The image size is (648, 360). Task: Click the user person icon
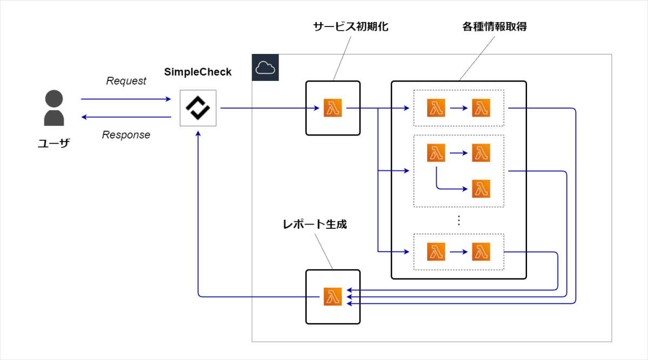[54, 107]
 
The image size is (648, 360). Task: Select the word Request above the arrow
[126, 81]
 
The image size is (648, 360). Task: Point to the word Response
[126, 135]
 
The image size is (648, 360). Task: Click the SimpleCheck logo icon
[198, 108]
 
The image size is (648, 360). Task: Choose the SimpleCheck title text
[198, 72]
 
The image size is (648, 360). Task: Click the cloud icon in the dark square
[265, 67]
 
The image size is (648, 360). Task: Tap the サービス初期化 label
[350, 27]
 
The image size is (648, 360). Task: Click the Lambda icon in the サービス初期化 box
[333, 108]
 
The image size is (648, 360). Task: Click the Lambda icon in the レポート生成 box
[333, 297]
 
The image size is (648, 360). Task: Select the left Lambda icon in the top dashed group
[436, 108]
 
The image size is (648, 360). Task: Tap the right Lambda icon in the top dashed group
[481, 108]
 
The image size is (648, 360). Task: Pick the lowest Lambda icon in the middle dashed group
[481, 189]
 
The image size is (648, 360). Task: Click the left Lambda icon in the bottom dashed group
[436, 252]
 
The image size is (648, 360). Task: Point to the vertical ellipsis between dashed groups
[458, 220]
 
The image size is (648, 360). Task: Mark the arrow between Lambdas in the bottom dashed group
[458, 252]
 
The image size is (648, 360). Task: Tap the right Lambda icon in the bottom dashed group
[481, 252]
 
